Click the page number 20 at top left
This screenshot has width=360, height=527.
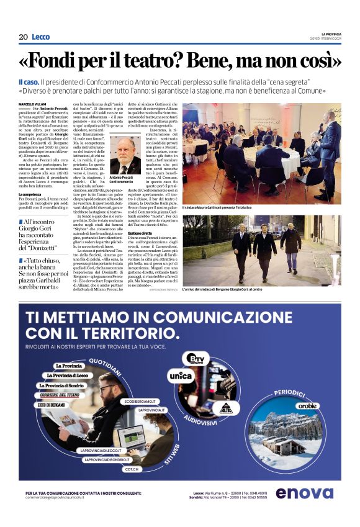(x=23, y=37)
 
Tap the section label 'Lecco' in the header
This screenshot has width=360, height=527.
(x=41, y=37)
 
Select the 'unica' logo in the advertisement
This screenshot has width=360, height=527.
(x=181, y=376)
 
